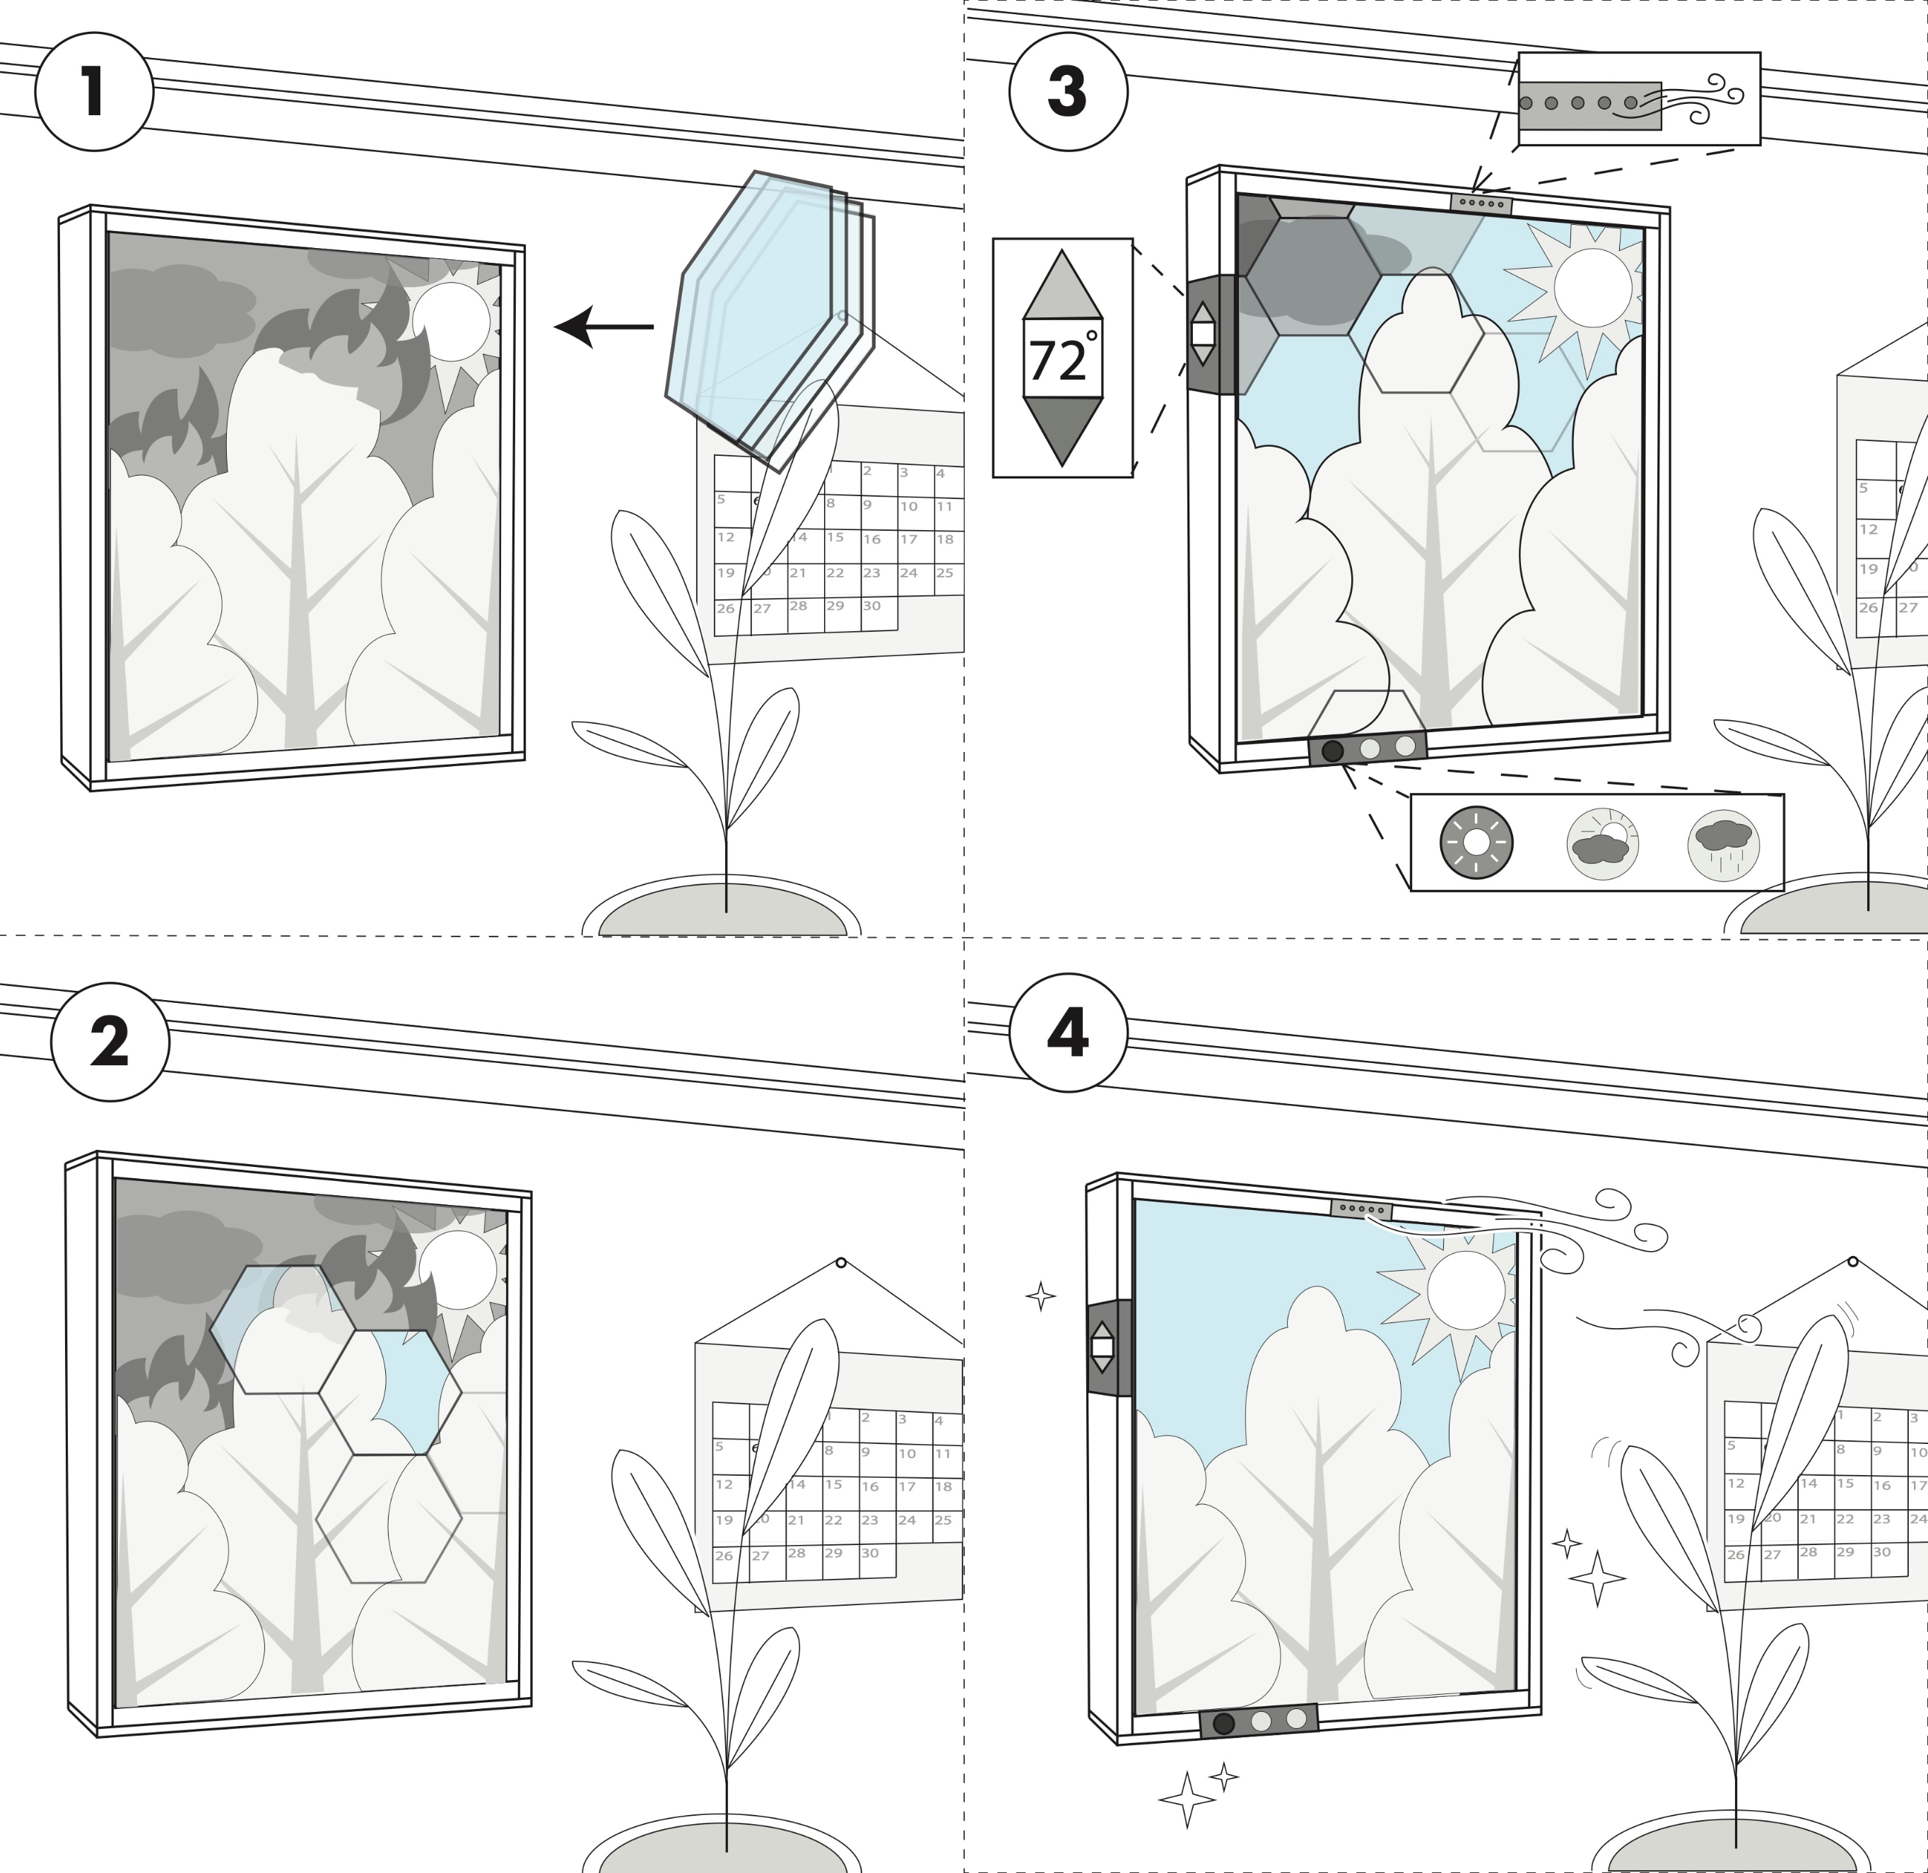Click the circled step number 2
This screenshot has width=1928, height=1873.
[110, 1042]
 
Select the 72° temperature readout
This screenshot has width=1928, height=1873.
[1062, 359]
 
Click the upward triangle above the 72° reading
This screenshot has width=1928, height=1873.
[1062, 287]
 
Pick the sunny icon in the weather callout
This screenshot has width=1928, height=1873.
[1476, 842]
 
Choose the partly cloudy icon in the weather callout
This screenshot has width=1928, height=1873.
[1602, 843]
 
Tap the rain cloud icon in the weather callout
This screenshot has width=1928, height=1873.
[1723, 843]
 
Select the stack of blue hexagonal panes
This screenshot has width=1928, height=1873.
[768, 315]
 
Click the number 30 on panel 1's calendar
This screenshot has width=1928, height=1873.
[871, 606]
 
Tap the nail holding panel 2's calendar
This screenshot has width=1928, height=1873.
[841, 1263]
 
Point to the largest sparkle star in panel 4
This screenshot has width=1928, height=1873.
[1597, 1579]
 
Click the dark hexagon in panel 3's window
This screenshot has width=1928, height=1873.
[1312, 276]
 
